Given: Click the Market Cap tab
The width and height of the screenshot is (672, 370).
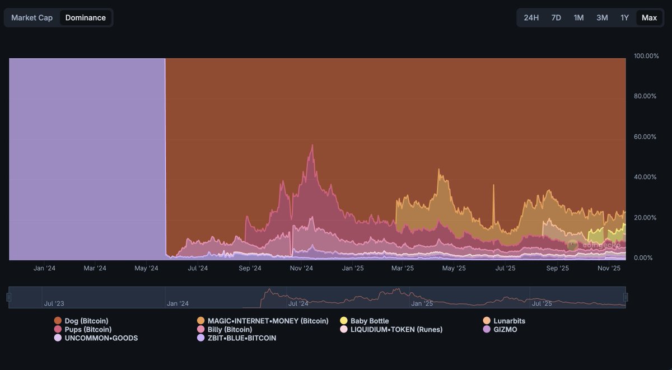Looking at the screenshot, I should pyautogui.click(x=32, y=17).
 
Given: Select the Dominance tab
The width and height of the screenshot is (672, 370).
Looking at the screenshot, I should pyautogui.click(x=85, y=17).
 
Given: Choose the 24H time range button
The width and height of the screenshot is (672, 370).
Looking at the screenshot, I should pyautogui.click(x=531, y=17).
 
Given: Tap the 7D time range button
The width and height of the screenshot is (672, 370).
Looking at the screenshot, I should pyautogui.click(x=556, y=17).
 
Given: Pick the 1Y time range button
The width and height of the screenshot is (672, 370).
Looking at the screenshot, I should pyautogui.click(x=624, y=17).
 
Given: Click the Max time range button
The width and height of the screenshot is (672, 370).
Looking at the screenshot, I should pyautogui.click(x=649, y=17).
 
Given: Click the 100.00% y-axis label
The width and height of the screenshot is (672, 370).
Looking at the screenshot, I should pyautogui.click(x=646, y=56).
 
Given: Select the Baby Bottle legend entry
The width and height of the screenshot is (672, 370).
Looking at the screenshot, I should pyautogui.click(x=369, y=321).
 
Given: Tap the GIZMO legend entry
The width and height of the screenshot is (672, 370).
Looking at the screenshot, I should pyautogui.click(x=505, y=330).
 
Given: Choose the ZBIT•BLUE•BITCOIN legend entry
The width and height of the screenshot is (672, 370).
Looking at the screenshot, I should pyautogui.click(x=241, y=338).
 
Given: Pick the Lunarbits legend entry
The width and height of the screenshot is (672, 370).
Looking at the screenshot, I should pyautogui.click(x=509, y=321).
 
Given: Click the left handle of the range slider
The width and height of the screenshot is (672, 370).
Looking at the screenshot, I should pyautogui.click(x=9, y=297).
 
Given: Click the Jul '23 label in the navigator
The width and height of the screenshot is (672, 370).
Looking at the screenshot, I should pyautogui.click(x=54, y=303).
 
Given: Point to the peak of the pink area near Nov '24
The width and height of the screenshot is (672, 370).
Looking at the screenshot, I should pyautogui.click(x=312, y=145).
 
